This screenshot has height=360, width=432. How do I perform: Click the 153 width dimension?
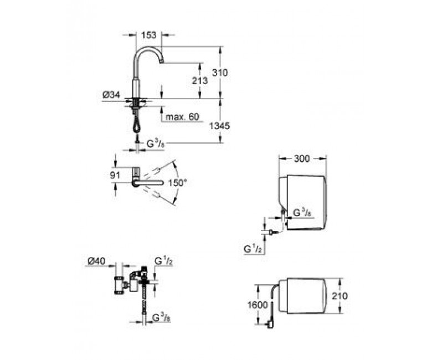[149, 35]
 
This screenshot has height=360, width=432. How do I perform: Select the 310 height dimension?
[220, 73]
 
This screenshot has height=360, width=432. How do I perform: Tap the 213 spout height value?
[200, 81]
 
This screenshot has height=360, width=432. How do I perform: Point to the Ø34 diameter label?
[111, 95]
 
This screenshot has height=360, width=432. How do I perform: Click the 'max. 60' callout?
[182, 116]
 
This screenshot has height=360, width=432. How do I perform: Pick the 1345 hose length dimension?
[219, 126]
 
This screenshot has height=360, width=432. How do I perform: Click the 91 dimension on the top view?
[115, 175]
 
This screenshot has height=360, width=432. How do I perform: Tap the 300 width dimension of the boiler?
[302, 158]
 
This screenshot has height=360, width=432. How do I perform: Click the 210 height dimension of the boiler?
[340, 296]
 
